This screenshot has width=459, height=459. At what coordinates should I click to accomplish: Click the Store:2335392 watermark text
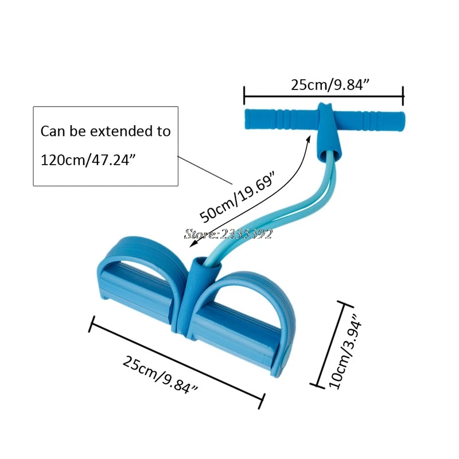pos(228,234)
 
